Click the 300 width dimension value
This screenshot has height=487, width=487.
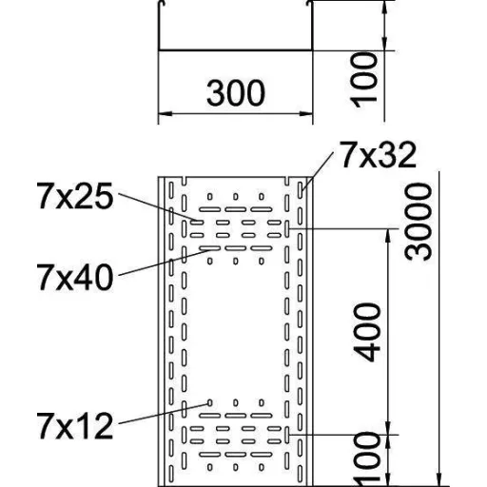click(x=235, y=93)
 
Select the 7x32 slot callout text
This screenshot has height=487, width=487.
click(x=378, y=155)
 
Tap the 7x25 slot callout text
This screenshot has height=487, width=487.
click(x=75, y=196)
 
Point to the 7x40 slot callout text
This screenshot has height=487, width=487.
click(x=75, y=277)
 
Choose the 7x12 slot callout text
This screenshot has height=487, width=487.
click(x=75, y=425)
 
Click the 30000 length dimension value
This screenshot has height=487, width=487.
click(x=419, y=223)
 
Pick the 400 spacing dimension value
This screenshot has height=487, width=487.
click(x=367, y=333)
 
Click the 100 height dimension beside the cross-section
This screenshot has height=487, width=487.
click(x=364, y=81)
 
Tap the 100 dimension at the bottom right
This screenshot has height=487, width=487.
click(x=367, y=460)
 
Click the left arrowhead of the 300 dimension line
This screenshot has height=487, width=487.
click(x=165, y=113)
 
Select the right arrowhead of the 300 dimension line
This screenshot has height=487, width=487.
click(x=305, y=113)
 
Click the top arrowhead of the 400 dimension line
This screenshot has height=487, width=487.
click(x=387, y=236)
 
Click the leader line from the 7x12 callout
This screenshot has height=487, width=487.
click(x=164, y=414)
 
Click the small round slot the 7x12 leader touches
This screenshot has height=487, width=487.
click(x=209, y=403)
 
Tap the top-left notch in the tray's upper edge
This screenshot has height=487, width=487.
click(x=185, y=181)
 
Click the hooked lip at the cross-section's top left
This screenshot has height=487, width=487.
click(x=161, y=3)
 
